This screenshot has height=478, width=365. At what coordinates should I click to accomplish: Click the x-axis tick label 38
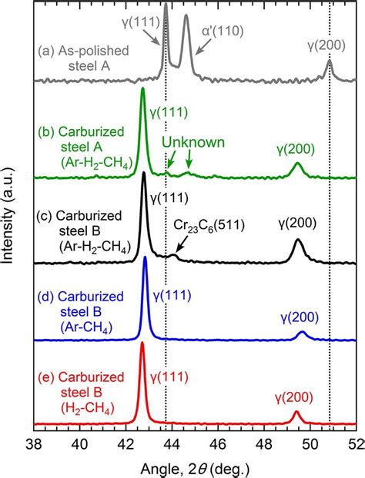click(x=35, y=443)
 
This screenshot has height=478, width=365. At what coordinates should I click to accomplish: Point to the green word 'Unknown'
click(x=193, y=142)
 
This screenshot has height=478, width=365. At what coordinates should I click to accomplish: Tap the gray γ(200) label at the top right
click(x=323, y=44)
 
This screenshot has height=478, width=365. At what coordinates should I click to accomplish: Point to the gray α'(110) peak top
click(x=186, y=15)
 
